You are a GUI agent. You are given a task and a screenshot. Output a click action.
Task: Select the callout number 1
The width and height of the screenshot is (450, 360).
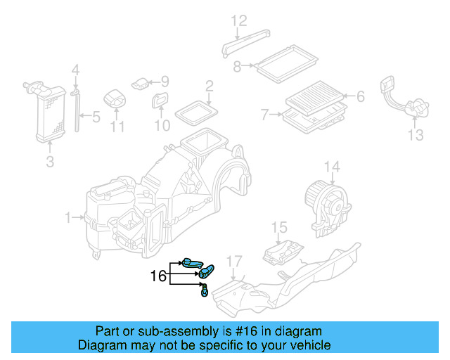(x=69, y=219)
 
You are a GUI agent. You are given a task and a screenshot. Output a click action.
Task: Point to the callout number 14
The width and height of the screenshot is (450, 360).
(x=331, y=167)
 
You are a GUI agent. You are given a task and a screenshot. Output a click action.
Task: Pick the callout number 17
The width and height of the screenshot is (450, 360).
(x=234, y=261)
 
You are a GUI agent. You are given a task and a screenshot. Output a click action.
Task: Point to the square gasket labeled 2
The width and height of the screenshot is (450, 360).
(x=197, y=111)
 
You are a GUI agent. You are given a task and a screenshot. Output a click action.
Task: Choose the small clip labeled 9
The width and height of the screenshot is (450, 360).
(x=141, y=82)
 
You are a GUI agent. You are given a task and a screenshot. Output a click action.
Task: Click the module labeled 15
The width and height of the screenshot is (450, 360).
(x=283, y=251)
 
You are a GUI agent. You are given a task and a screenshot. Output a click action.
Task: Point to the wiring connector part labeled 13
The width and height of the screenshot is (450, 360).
(x=404, y=102)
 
